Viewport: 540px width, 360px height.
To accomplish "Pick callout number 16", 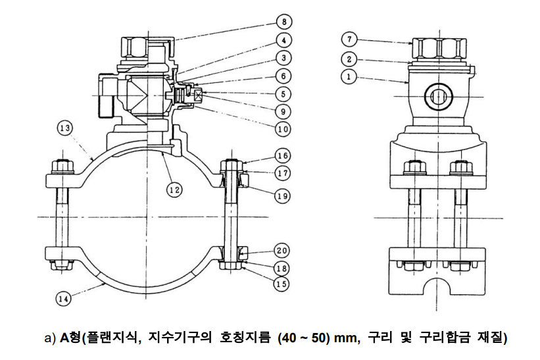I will coord(283,156).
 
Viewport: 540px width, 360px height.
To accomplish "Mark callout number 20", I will coord(283,251).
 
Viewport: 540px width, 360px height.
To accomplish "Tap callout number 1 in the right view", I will coord(351,76).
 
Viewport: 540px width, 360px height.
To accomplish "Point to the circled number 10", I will coord(283,129).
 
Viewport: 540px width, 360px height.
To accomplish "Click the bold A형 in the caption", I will coord(69,339).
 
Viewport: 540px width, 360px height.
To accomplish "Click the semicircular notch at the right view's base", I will coord(437,288).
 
